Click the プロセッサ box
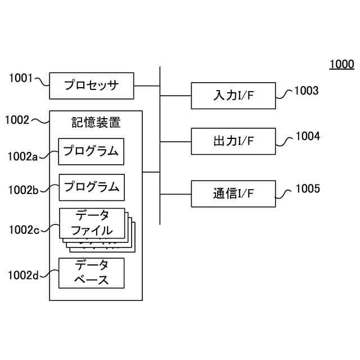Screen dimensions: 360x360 92,86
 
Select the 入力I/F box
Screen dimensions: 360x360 233,96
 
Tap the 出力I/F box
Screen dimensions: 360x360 233,141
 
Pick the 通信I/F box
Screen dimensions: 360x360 233,194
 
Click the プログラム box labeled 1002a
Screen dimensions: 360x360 91,151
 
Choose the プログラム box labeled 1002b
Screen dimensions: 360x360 91,187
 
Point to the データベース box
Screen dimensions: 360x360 91,273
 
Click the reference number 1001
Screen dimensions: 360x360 21,79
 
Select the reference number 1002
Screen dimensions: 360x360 17,119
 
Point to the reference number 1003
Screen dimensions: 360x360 307,91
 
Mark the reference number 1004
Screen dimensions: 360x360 307,136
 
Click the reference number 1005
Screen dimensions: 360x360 307,188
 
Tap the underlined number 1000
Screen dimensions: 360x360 341,64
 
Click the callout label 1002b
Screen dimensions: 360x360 22,190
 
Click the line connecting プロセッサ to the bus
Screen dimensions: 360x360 147,86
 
